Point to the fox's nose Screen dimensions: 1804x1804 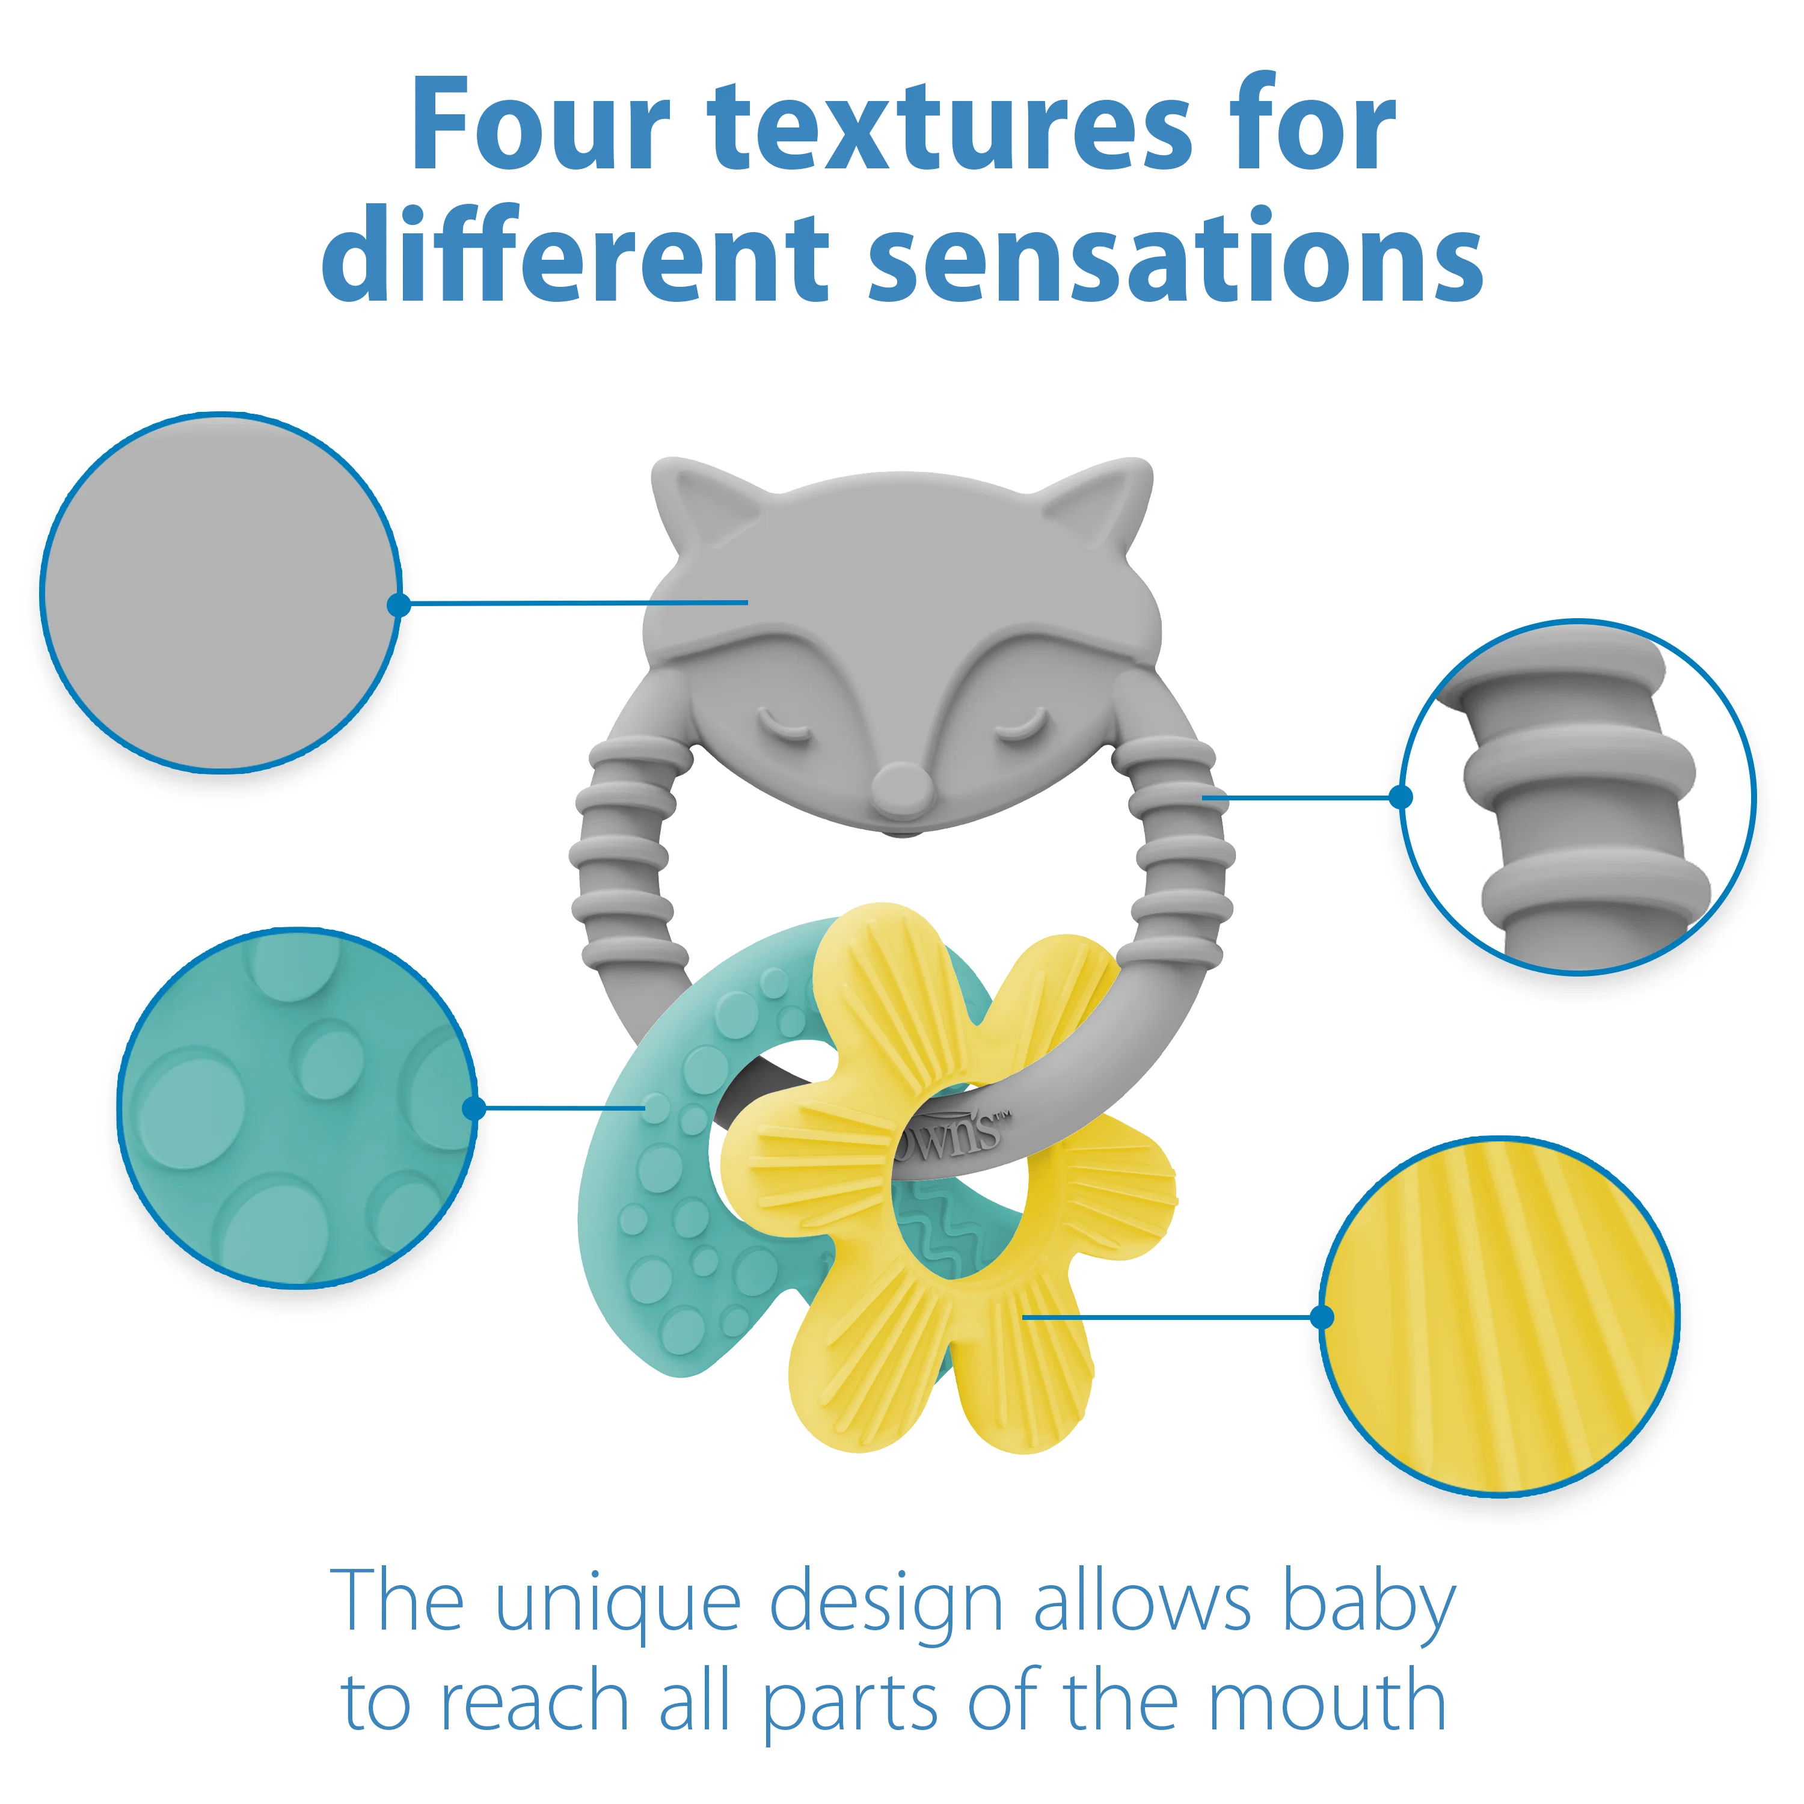click(901, 784)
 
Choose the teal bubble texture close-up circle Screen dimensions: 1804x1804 click(297, 1108)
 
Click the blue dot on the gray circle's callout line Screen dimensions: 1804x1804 click(399, 605)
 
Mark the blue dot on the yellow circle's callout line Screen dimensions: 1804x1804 click(1322, 1316)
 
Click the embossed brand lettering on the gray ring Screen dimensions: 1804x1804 click(953, 1135)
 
